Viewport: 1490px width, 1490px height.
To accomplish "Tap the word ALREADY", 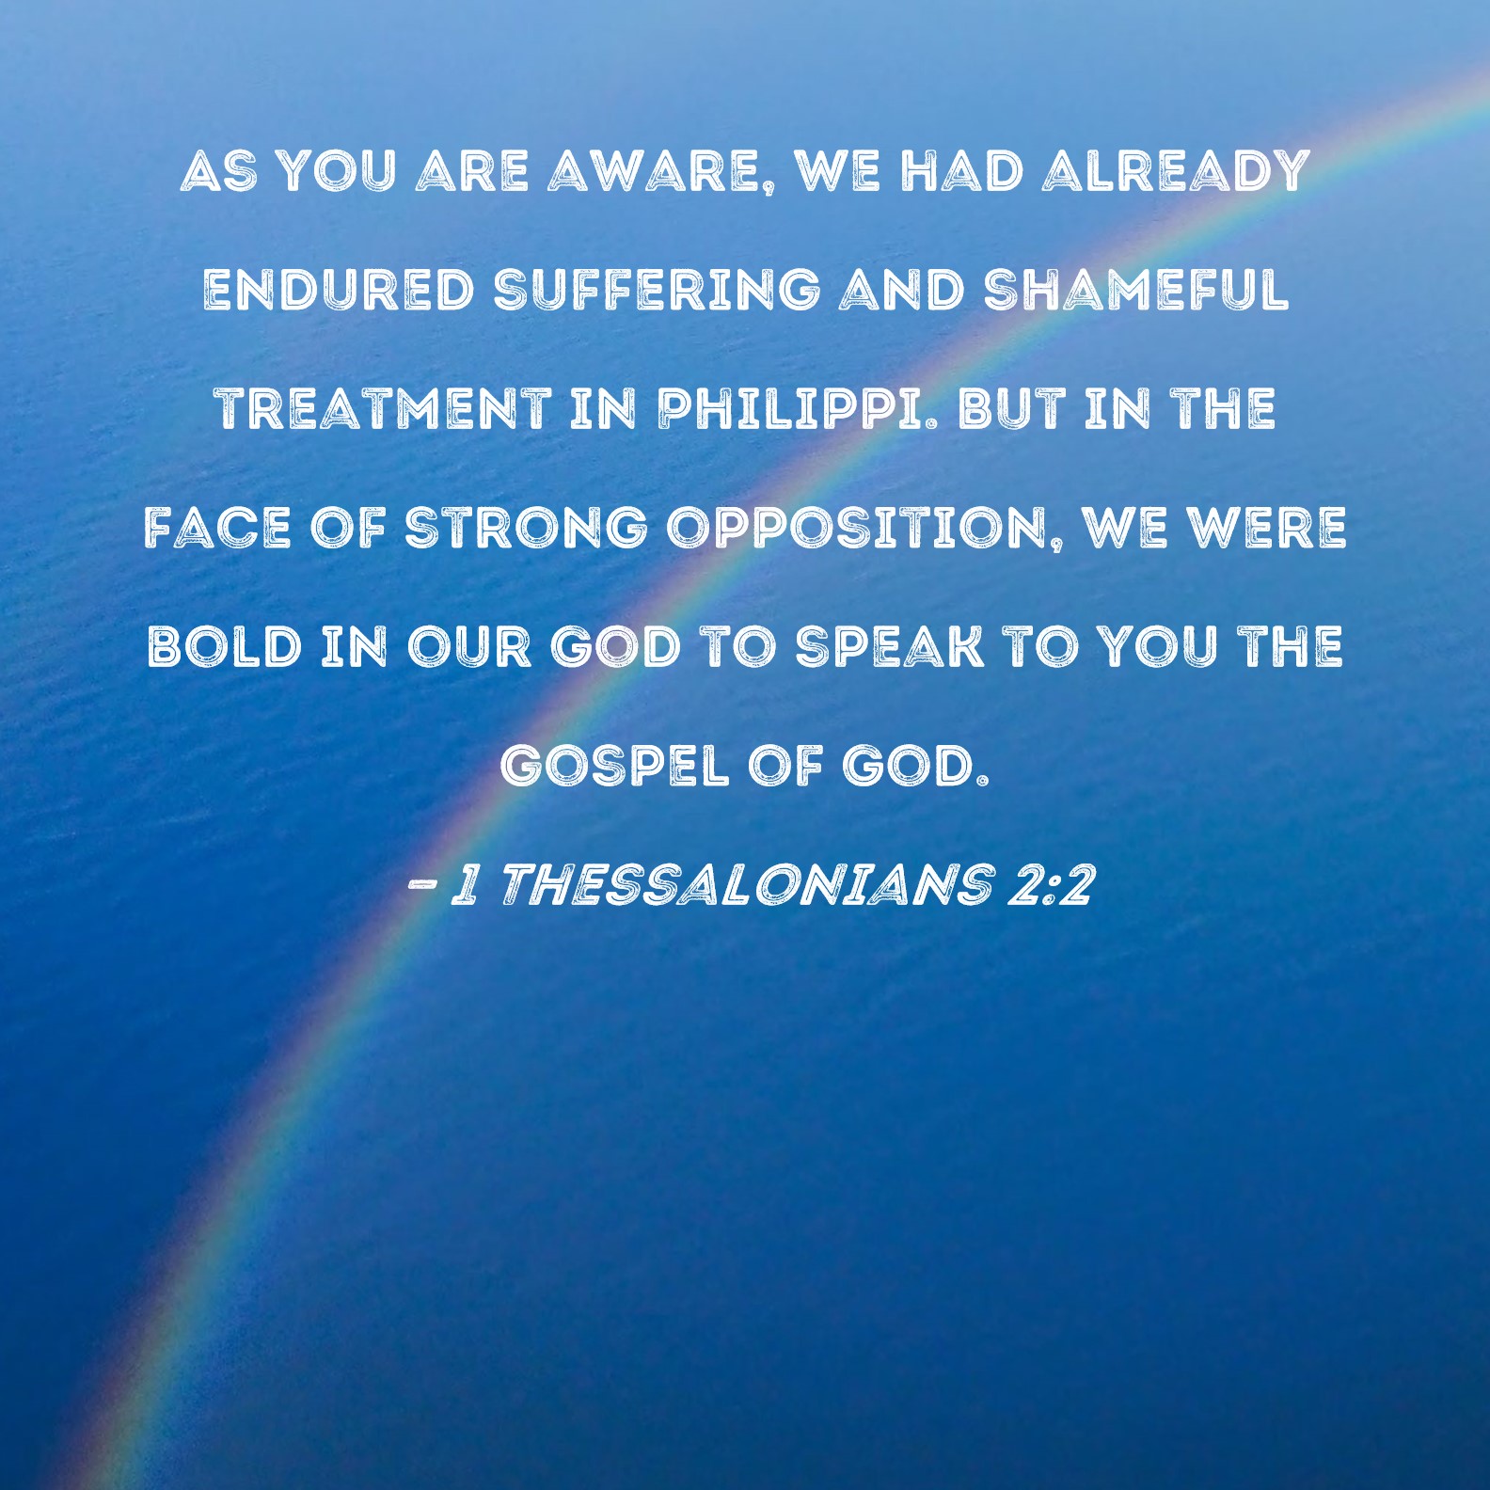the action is [x=1175, y=171].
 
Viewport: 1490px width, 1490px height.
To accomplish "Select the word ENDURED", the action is [x=339, y=290].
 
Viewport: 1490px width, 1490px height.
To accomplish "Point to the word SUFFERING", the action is [x=657, y=290].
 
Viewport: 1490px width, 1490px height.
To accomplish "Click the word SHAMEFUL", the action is [x=1135, y=290].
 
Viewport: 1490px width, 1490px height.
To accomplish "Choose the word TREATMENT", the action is [x=384, y=408].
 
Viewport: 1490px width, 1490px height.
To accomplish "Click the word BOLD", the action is [x=225, y=646].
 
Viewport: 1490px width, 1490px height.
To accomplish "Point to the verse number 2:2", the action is [x=1050, y=884].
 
